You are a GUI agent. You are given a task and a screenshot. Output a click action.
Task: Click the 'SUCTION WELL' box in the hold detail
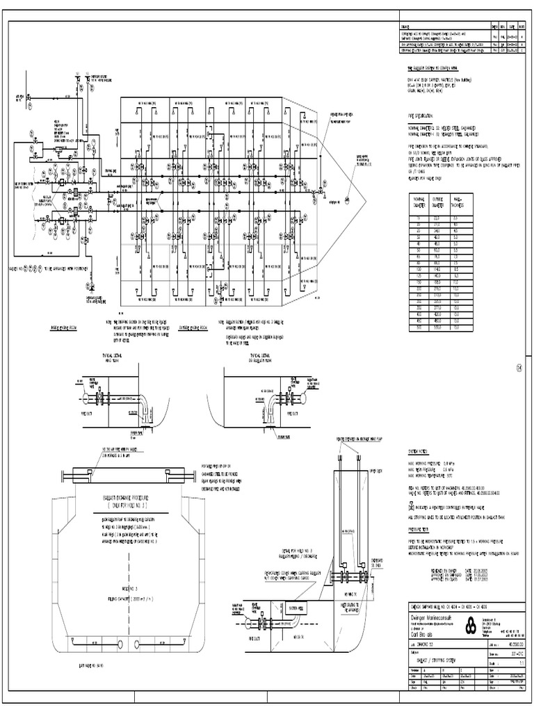[x=293, y=606]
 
